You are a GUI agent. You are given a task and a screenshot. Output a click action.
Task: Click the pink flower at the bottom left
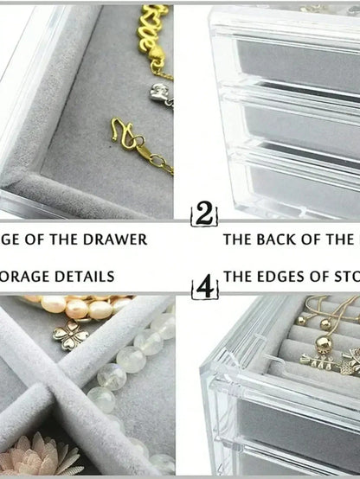click(x=35, y=456)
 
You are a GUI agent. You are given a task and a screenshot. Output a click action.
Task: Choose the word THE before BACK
click(x=240, y=238)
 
